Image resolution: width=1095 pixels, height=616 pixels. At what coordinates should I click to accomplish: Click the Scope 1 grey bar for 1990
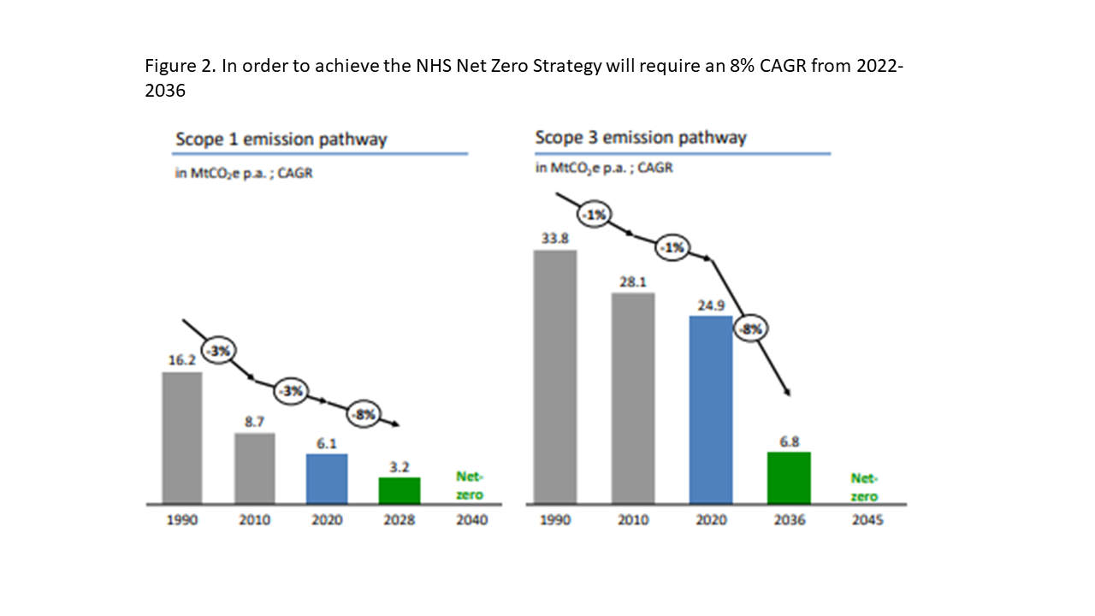tap(182, 437)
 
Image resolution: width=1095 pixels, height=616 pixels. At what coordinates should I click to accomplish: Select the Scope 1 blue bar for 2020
tap(327, 478)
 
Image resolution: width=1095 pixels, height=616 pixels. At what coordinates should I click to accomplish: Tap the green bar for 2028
tap(400, 490)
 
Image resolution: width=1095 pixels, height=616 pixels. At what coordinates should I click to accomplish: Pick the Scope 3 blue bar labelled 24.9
tap(711, 410)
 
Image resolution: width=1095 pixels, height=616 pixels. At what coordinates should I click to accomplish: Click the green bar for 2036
tap(789, 477)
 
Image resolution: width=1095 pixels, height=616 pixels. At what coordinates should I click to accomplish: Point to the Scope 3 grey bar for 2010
tap(633, 398)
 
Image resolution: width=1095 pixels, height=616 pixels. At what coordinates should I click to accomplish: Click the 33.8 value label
tap(555, 239)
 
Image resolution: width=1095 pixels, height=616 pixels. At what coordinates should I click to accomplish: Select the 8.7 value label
tap(254, 422)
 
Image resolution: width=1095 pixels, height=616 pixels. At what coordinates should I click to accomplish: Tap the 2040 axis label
tap(471, 519)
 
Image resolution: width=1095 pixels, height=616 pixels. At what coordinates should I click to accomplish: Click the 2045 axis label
tap(867, 519)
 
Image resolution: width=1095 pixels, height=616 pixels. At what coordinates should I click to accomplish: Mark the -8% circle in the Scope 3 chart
tap(751, 329)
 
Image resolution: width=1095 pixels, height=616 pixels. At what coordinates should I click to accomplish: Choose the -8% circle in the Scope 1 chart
tap(364, 415)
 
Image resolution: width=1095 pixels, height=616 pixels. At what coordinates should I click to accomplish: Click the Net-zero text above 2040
tap(470, 485)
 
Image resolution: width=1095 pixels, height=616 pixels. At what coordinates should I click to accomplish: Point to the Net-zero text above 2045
tap(864, 488)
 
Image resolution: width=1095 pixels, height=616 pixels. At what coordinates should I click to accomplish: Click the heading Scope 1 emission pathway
tap(281, 139)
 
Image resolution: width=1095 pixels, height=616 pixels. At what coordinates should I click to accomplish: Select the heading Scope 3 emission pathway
tap(641, 138)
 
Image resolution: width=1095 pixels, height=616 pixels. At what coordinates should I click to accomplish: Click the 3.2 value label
tap(400, 467)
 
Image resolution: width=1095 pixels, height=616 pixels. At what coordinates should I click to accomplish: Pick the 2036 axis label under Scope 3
tap(790, 519)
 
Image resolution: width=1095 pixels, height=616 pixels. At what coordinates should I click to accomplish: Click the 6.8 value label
tap(789, 442)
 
